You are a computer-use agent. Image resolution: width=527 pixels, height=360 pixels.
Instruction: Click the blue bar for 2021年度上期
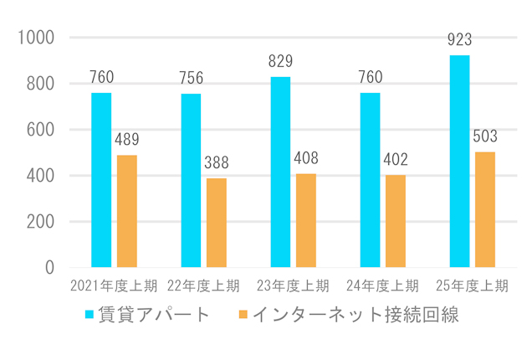(101, 180)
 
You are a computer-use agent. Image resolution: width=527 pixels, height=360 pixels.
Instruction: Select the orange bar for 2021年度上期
(126, 211)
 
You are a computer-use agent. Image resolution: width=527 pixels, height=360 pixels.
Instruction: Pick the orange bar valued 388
(216, 223)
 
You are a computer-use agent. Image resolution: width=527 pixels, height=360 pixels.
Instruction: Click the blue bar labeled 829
(280, 172)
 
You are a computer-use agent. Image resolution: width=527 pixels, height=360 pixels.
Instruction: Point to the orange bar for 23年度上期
(305, 220)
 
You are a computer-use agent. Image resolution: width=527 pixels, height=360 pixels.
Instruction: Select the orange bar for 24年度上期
(395, 221)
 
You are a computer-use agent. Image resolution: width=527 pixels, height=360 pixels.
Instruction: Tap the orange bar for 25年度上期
(484, 209)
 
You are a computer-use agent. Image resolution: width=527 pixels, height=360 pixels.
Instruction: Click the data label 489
(126, 140)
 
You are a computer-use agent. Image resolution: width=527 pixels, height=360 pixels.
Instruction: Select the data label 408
(305, 158)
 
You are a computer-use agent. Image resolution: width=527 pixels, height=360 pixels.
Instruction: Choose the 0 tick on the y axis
(49, 268)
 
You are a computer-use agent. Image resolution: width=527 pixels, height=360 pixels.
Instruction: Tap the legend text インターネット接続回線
(355, 316)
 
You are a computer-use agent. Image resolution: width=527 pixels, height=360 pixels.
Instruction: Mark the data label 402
(395, 160)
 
